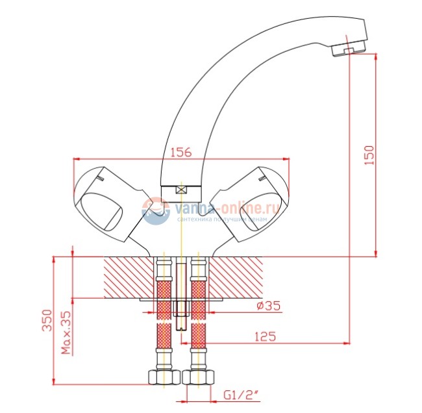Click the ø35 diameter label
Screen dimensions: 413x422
point(267,307)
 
